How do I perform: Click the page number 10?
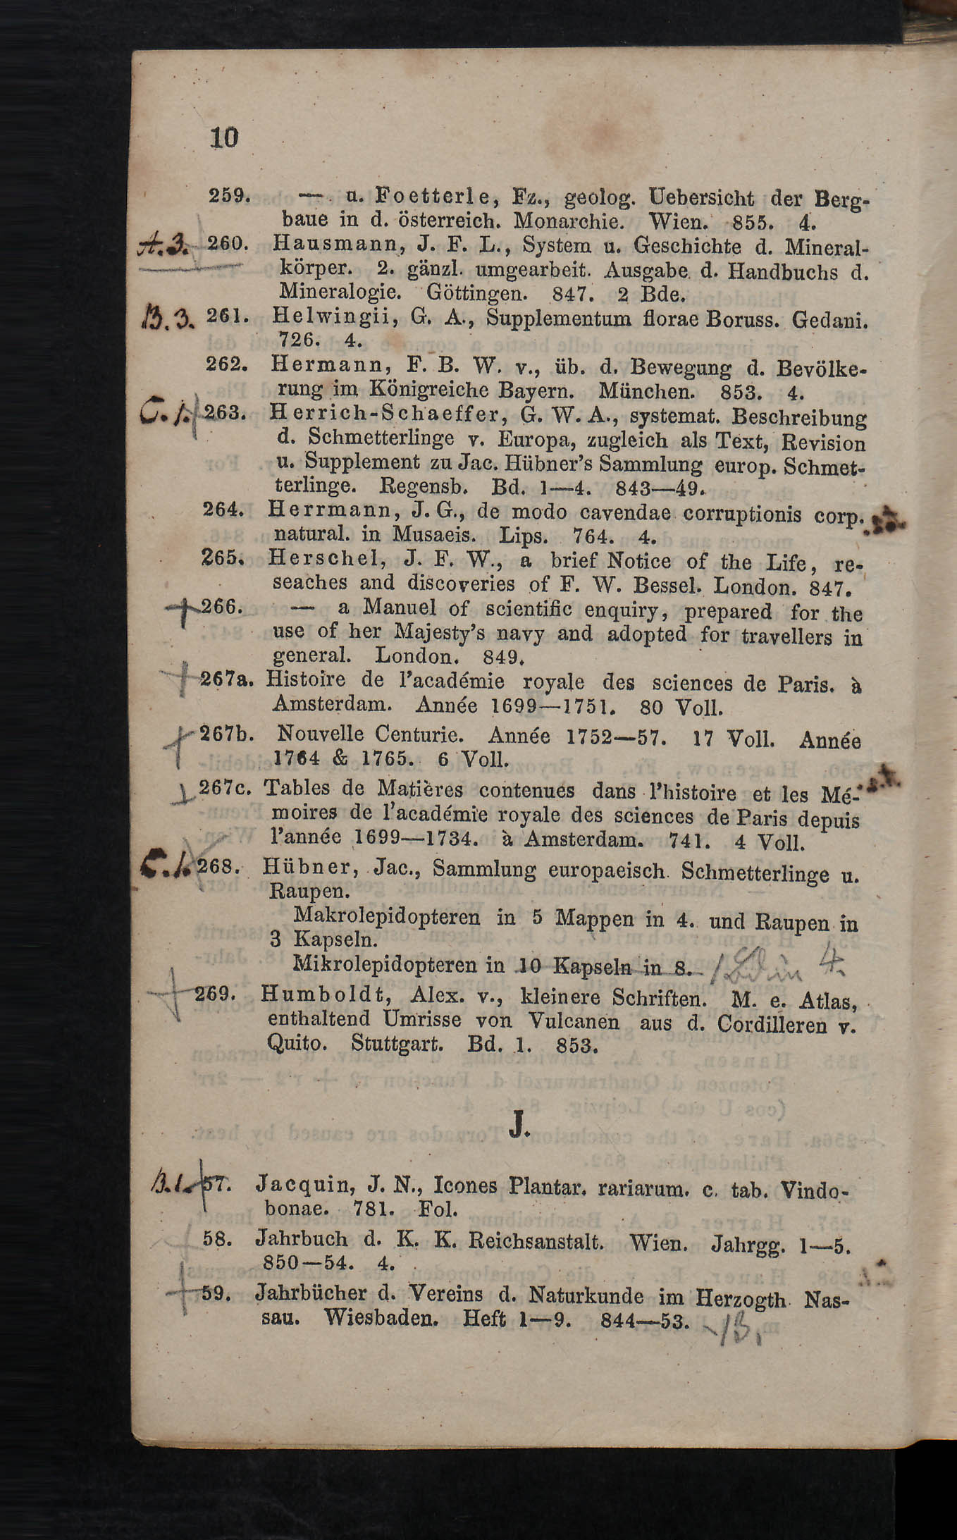coord(224,137)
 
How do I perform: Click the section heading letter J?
coord(519,1126)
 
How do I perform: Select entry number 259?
coord(228,195)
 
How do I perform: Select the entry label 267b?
coord(226,734)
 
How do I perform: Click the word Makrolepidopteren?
coord(387,916)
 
